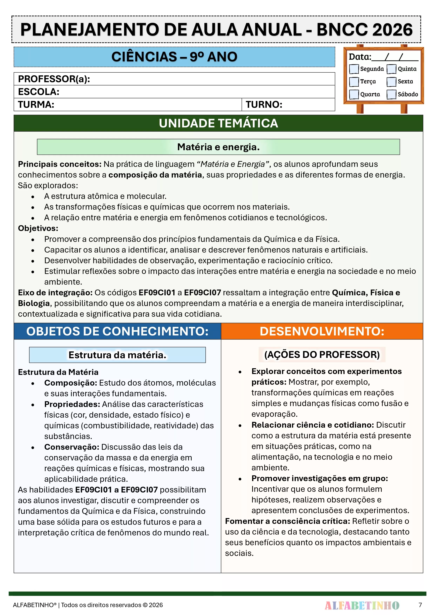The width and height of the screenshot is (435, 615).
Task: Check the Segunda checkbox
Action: (x=354, y=69)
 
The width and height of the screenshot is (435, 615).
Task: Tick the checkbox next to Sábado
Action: (x=391, y=94)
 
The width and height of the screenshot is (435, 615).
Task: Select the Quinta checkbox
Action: (x=391, y=69)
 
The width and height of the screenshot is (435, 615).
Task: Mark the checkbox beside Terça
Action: (x=354, y=82)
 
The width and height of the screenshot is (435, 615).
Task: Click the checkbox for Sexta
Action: (x=391, y=82)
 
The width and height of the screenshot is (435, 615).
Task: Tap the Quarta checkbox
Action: (x=354, y=94)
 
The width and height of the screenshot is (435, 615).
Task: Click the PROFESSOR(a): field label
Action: (x=54, y=79)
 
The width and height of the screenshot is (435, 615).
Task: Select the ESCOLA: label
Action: (x=39, y=92)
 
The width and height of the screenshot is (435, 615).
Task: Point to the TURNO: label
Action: (x=264, y=104)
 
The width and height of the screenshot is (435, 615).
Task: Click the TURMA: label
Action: (x=36, y=104)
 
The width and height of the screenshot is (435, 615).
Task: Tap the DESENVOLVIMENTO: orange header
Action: (x=322, y=331)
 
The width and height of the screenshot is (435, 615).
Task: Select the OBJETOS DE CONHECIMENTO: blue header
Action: (x=117, y=331)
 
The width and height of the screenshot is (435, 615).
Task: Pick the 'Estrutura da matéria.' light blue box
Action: (x=117, y=355)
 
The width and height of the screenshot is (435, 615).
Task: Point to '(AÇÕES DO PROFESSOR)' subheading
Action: (x=322, y=354)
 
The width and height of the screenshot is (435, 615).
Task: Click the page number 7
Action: (x=420, y=605)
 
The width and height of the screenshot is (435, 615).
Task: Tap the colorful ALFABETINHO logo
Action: (x=362, y=605)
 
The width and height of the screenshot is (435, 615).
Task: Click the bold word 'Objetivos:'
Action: (x=38, y=228)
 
